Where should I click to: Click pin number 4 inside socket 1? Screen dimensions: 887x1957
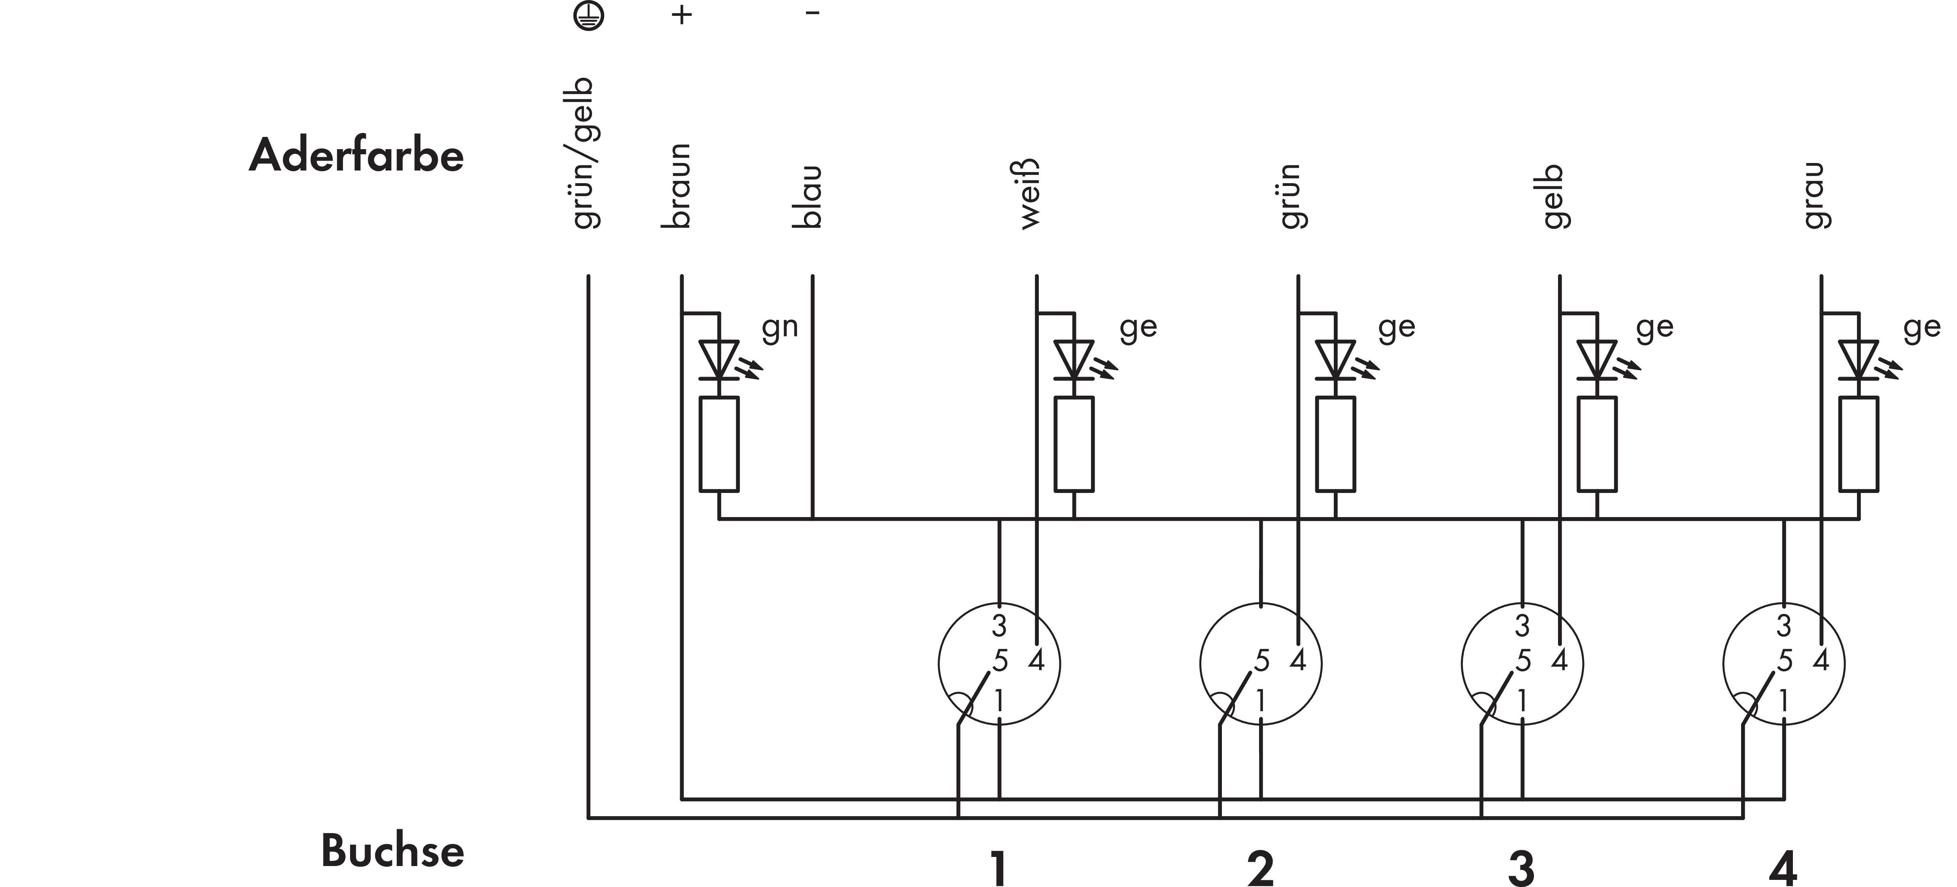tap(1036, 660)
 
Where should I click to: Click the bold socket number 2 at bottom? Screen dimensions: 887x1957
tap(1260, 869)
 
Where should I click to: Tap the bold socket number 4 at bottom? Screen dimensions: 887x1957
tap(1783, 869)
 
